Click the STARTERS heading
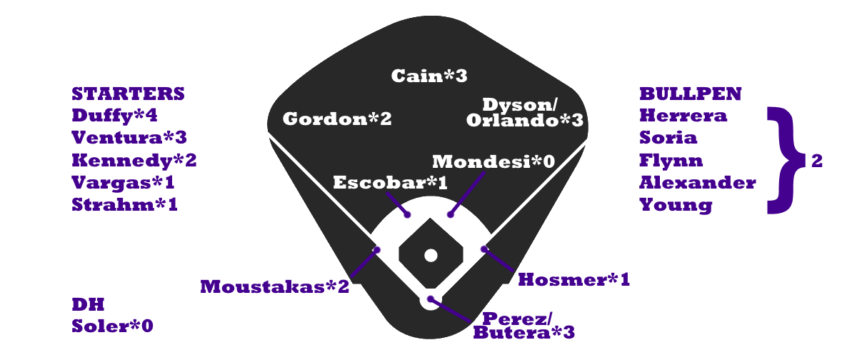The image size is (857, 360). coord(129,94)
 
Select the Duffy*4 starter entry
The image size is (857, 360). coord(114,116)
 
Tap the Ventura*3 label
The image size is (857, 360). coord(125,138)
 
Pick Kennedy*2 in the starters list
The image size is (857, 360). coord(134,160)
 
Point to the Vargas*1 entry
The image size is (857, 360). coord(124,182)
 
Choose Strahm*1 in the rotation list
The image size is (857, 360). coord(125,205)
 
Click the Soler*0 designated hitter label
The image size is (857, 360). coord(113,326)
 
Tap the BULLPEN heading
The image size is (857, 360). coord(690,94)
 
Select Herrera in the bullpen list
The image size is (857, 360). coord(683,116)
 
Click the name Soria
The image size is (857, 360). coord(668,138)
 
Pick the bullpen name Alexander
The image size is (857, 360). coord(698,183)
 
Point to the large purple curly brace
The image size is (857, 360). coord(783,161)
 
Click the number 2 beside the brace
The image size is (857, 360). coord(817,161)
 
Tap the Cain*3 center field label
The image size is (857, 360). coord(429,76)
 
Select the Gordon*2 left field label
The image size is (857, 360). coord(337,119)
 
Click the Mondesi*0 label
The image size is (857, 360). coord(493,161)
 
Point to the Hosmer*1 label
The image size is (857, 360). coord(573,279)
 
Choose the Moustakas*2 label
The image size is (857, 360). coord(275,286)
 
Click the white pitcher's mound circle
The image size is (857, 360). coord(430,255)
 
